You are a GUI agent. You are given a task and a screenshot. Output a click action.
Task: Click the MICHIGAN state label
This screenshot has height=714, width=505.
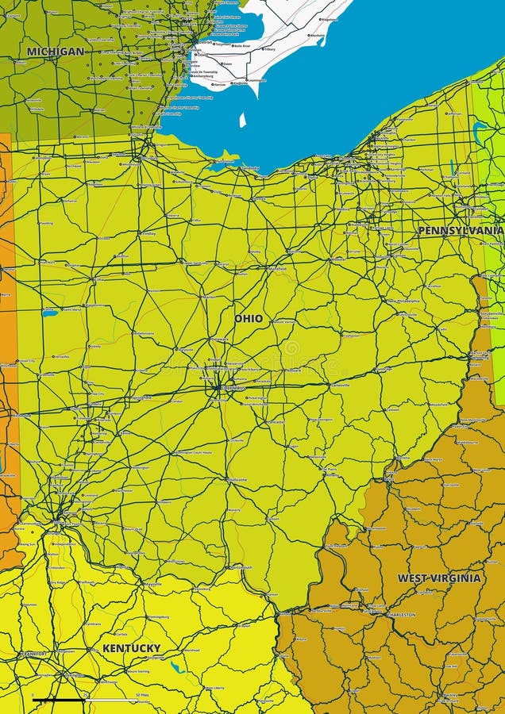point(55,52)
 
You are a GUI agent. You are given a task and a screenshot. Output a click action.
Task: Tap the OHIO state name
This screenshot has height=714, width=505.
point(249,318)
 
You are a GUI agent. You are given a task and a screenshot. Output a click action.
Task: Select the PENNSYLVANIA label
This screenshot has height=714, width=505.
point(461,230)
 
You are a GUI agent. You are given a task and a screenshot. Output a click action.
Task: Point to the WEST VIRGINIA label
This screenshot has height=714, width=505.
point(439,578)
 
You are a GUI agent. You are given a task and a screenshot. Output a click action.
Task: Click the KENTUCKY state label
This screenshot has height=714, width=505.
point(131,648)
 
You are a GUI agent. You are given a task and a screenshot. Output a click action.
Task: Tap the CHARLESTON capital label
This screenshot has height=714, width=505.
point(402,615)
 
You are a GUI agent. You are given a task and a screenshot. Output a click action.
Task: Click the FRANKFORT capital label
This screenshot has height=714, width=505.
point(35,654)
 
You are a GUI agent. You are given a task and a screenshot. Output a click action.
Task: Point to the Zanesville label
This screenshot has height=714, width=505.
point(341,385)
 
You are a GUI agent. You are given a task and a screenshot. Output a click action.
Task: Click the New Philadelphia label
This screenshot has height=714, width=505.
point(403,301)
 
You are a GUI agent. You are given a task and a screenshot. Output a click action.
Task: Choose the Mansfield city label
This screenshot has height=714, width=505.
point(277,269)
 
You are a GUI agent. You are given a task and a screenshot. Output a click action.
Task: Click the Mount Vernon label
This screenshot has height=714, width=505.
point(284,322)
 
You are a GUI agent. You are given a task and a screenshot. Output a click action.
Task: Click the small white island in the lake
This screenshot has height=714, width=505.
point(243,120)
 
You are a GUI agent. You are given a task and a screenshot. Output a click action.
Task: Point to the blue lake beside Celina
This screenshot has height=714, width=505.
point(50,313)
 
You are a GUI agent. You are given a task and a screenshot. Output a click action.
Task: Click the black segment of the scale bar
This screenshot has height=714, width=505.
point(59,701)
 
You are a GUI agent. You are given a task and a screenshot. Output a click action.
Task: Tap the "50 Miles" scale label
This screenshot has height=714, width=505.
point(143,695)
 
